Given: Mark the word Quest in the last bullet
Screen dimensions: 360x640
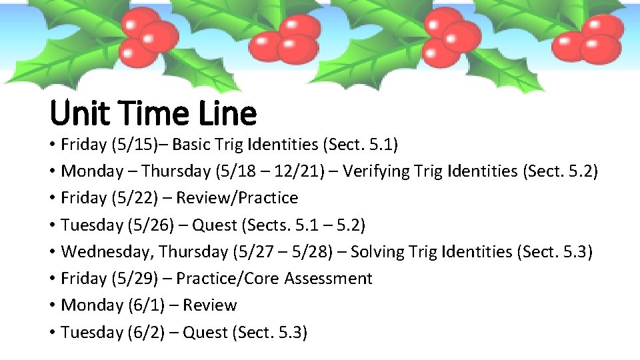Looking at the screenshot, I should pos(205,332).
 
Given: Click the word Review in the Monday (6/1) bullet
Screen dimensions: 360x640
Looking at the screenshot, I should pos(209,305).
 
